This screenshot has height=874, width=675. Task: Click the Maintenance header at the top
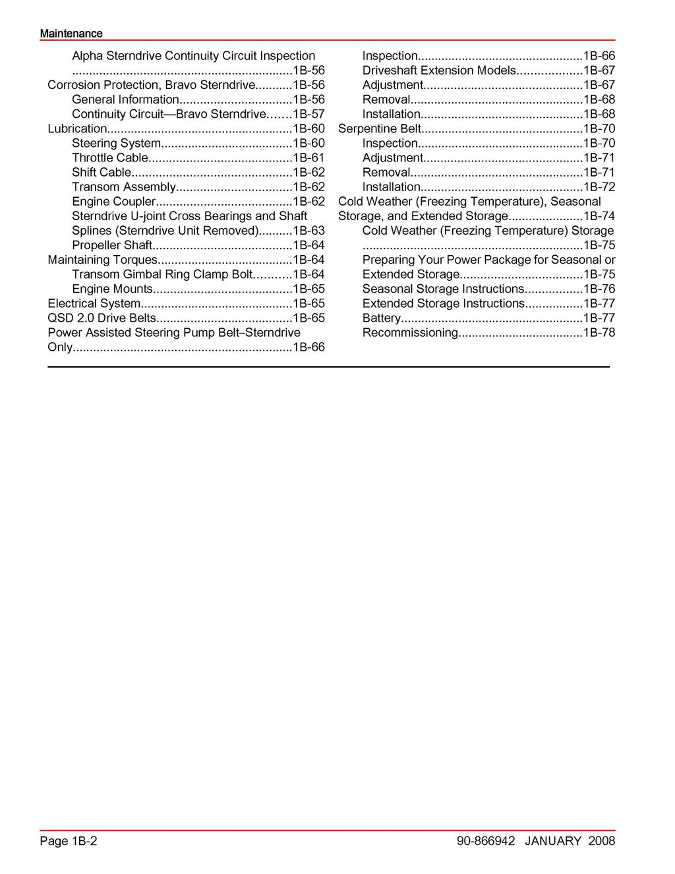click(71, 34)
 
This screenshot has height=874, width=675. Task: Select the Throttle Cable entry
click(110, 158)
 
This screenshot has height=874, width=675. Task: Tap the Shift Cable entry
click(102, 172)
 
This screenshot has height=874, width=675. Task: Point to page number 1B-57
click(308, 114)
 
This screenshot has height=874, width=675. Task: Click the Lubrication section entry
click(77, 129)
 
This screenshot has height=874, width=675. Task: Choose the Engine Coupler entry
click(113, 201)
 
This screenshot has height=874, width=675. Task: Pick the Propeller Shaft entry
click(112, 245)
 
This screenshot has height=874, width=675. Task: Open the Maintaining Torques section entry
click(102, 260)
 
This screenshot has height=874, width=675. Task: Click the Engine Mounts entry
click(112, 289)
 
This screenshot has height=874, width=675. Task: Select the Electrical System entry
click(94, 303)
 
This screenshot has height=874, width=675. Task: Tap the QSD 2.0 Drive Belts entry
click(102, 318)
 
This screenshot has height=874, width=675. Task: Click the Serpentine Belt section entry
click(379, 129)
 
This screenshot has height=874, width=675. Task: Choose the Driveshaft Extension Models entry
click(439, 71)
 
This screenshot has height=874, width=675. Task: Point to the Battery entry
click(381, 318)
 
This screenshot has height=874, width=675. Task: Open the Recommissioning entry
click(409, 332)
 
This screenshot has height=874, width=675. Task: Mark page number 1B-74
click(599, 216)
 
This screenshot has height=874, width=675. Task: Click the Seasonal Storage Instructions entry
click(443, 289)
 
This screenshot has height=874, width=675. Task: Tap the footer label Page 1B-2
click(69, 840)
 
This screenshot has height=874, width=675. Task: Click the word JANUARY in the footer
click(554, 840)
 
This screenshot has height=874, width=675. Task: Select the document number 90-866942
click(485, 840)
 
